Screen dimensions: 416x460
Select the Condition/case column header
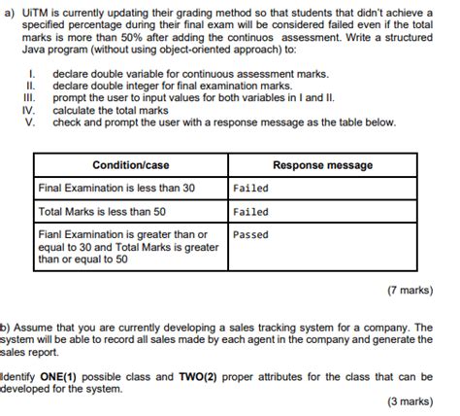coord(131,165)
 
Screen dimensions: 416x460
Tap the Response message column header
coord(322,165)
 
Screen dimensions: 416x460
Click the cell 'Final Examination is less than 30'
coord(116,188)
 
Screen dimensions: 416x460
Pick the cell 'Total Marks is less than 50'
coord(102,211)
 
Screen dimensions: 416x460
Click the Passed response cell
coord(251,234)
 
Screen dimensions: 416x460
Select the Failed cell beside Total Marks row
coord(251,211)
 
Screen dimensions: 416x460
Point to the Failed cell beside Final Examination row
coord(251,188)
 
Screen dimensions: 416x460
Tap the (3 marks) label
coord(408,400)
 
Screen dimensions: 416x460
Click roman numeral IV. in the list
coord(28,111)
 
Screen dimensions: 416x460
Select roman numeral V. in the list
coord(30,122)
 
